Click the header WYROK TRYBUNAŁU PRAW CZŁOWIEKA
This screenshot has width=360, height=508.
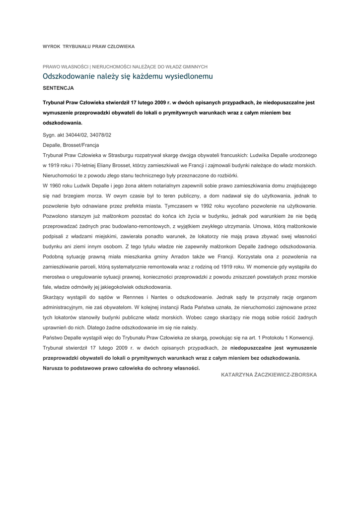89,46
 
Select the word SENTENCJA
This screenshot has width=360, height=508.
59,87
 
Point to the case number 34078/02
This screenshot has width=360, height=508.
100,134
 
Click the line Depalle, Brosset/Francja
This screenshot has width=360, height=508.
71,145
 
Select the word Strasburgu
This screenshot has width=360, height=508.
129,155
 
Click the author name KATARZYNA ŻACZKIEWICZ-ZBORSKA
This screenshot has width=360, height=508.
269,375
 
